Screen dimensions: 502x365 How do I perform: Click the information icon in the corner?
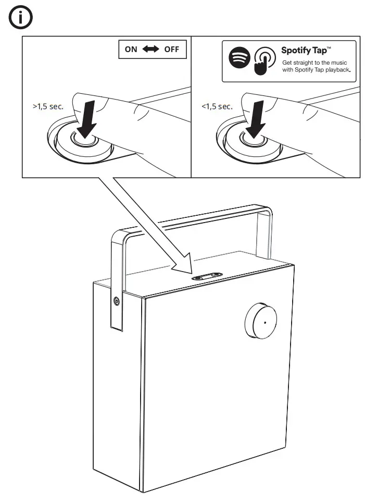pos(19,19)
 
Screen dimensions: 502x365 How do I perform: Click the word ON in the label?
pos(131,50)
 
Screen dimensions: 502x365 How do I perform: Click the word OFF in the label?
pos(171,50)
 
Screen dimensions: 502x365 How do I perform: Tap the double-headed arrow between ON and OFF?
pos(151,50)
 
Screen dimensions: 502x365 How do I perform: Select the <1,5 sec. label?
pos(217,106)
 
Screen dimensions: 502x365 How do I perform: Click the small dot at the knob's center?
pos(265,323)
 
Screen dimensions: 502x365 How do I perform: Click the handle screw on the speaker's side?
pos(116,301)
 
